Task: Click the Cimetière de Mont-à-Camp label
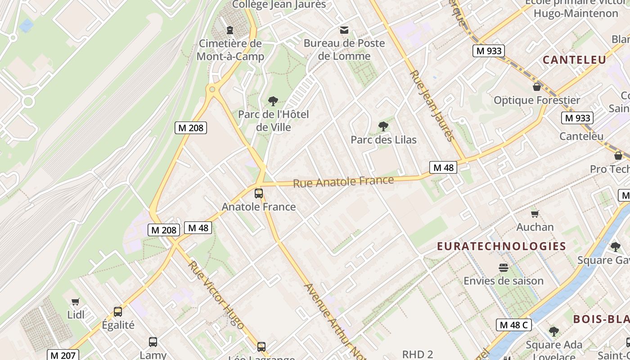(x=230, y=50)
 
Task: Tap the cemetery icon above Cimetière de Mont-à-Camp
(x=230, y=30)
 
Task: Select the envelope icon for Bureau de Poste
(x=344, y=30)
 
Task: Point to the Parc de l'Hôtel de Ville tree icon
(x=273, y=101)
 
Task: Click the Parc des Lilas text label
(x=383, y=140)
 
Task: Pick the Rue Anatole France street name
(x=343, y=182)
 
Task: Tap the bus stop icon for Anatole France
(x=259, y=193)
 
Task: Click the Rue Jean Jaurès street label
(x=431, y=105)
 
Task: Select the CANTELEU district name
(x=574, y=60)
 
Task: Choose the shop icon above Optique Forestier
(x=536, y=86)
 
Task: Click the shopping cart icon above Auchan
(x=535, y=214)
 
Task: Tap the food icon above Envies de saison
(x=503, y=268)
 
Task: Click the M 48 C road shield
(x=513, y=325)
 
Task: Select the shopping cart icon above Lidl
(x=76, y=302)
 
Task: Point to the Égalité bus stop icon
(x=118, y=311)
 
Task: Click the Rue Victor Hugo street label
(x=216, y=295)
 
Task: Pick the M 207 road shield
(x=63, y=355)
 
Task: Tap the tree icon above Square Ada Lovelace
(x=553, y=332)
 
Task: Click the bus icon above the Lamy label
(x=153, y=342)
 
